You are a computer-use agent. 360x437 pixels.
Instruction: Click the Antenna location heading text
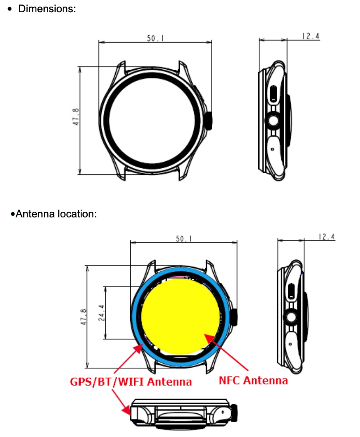click(x=56, y=214)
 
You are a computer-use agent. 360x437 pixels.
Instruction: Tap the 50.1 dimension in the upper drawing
click(x=155, y=38)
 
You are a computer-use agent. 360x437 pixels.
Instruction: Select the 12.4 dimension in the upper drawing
click(x=310, y=36)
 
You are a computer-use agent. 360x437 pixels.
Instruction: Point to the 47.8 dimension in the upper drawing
click(x=75, y=117)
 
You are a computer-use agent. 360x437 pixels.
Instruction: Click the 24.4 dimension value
click(x=101, y=313)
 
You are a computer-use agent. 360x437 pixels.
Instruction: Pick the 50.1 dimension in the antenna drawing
click(x=183, y=238)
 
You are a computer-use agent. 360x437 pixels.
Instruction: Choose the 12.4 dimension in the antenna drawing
click(x=327, y=237)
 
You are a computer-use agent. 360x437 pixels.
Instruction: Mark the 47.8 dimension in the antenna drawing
click(x=83, y=316)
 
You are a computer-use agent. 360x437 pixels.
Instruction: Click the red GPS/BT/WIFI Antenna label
click(x=131, y=381)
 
